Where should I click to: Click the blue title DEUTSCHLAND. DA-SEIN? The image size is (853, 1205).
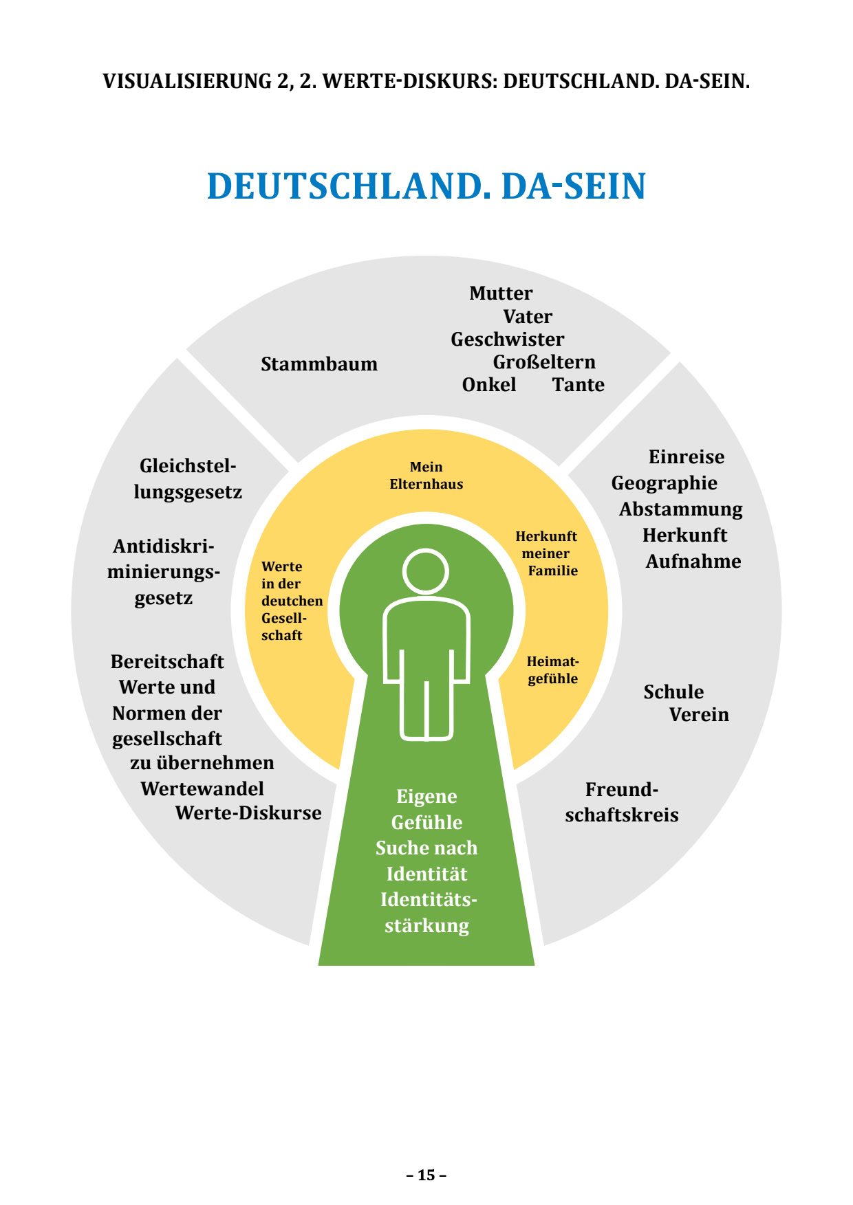click(426, 186)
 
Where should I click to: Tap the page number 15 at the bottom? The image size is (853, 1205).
click(426, 1175)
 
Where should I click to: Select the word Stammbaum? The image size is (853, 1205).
click(319, 364)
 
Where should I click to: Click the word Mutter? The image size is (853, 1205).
click(501, 294)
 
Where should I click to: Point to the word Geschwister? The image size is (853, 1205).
click(507, 340)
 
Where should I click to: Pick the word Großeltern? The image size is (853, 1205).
click(544, 362)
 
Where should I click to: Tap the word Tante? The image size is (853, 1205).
click(578, 385)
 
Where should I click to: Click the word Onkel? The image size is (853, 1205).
click(489, 385)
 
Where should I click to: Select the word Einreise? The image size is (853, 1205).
click(687, 457)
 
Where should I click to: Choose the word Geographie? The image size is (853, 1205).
click(664, 483)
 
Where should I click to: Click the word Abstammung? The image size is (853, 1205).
click(681, 509)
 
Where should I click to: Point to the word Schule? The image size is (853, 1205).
click(673, 692)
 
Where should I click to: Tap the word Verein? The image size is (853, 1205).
click(699, 715)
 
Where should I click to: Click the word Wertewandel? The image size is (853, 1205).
click(202, 788)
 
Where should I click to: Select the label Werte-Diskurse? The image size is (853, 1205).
click(248, 813)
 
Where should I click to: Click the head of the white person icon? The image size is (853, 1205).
click(426, 571)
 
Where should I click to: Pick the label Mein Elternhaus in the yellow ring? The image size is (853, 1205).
click(426, 476)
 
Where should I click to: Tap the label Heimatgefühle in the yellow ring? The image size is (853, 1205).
click(552, 670)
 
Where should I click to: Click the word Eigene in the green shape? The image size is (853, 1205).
click(426, 797)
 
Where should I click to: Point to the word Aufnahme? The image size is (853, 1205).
click(693, 562)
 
